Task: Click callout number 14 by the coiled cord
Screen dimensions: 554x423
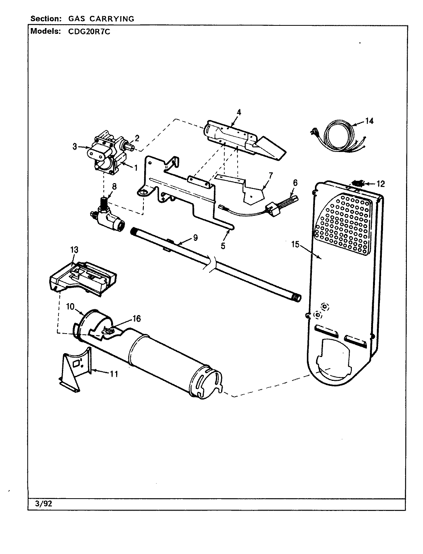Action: (369, 121)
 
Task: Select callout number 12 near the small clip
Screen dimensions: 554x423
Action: (380, 184)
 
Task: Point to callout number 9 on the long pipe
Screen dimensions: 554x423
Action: (195, 238)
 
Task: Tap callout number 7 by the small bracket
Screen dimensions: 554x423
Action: (270, 175)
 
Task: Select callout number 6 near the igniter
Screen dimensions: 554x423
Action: (295, 183)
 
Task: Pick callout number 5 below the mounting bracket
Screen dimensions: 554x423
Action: (223, 246)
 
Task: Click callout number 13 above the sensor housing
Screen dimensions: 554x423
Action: (74, 250)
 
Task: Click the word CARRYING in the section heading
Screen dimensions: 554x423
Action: (114, 18)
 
